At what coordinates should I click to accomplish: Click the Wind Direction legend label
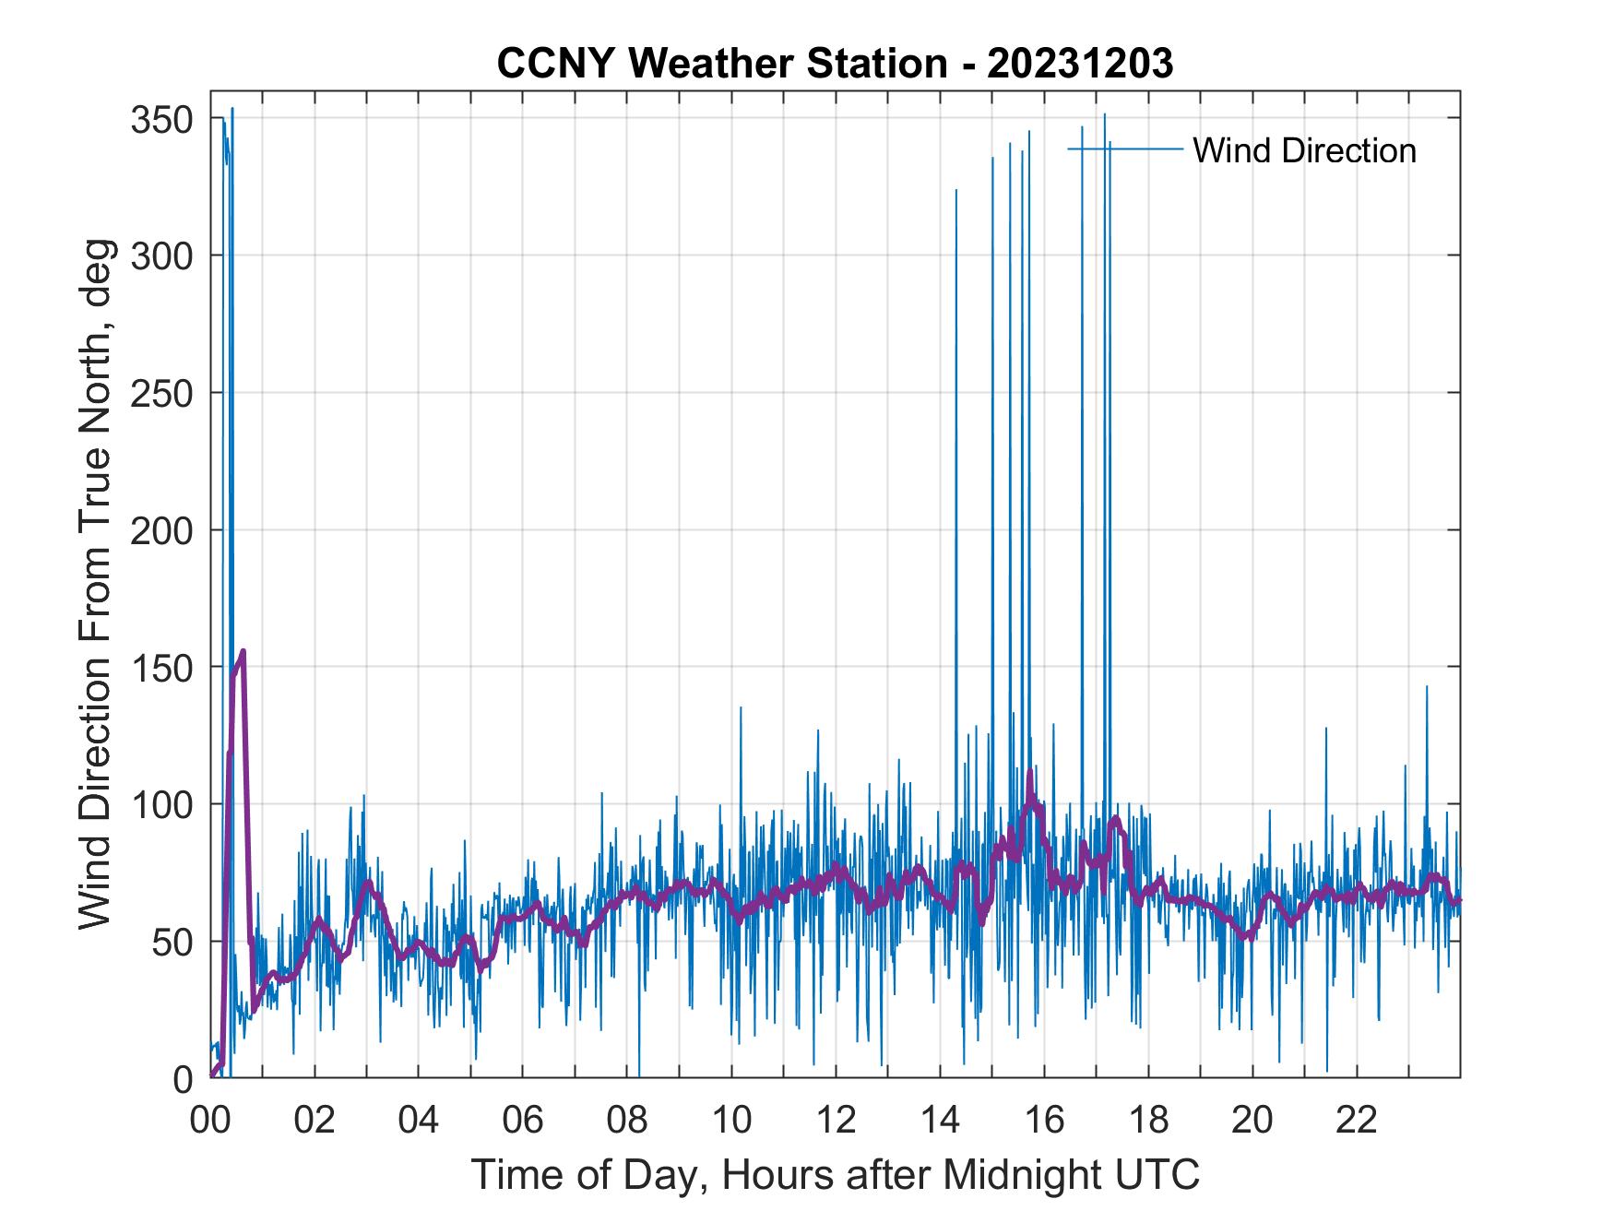click(x=1304, y=150)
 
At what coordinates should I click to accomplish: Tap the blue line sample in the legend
click(x=1125, y=148)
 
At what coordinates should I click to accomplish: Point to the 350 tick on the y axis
click(x=167, y=119)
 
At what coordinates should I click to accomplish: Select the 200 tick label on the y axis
click(x=167, y=530)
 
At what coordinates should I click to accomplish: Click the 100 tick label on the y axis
click(x=167, y=804)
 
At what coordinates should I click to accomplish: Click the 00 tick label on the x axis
click(x=211, y=1120)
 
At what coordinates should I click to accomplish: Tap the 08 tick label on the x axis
click(x=627, y=1120)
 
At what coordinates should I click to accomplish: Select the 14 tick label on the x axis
click(x=940, y=1120)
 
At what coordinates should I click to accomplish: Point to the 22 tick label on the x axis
click(x=1357, y=1120)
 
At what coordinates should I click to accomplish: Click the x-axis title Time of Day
click(x=836, y=1174)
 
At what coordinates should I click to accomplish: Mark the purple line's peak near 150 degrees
click(x=243, y=651)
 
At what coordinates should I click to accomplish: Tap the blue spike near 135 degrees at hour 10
click(x=741, y=708)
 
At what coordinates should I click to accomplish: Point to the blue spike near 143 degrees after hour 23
click(x=1426, y=687)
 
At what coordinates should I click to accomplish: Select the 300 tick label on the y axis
click(x=167, y=255)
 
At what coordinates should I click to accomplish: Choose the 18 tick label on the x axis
click(x=1148, y=1120)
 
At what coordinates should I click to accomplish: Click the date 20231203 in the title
click(x=1080, y=64)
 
